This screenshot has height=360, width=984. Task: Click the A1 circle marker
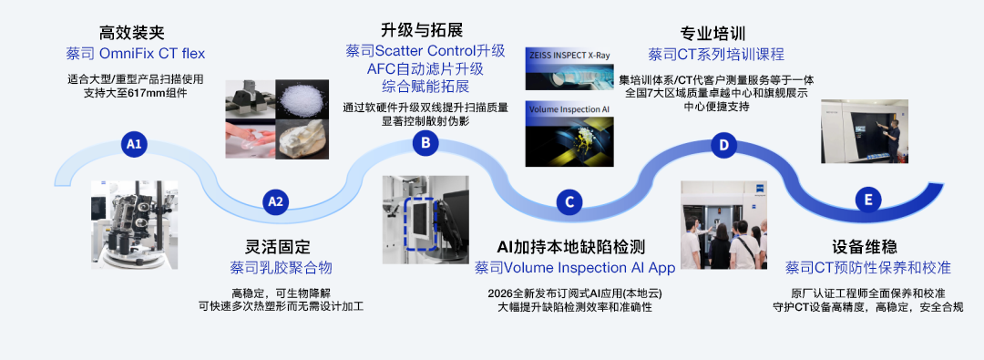click(134, 144)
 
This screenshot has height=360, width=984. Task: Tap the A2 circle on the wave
click(275, 201)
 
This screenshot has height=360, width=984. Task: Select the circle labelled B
click(425, 144)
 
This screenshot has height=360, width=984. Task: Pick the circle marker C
click(569, 201)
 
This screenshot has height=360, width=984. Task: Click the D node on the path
click(723, 145)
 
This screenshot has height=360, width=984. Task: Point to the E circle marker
click(868, 201)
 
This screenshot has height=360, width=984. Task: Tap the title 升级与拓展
click(422, 29)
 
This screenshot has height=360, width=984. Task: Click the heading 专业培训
click(712, 33)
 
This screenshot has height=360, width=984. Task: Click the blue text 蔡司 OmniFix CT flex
click(136, 54)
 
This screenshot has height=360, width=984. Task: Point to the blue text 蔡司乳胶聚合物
click(282, 268)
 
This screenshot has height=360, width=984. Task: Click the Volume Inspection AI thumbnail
click(568, 135)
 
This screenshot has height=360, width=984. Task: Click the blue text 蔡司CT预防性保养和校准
click(868, 268)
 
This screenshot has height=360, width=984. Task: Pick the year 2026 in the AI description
click(499, 294)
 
